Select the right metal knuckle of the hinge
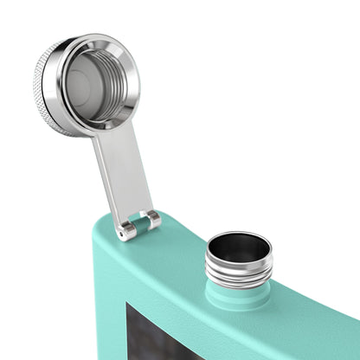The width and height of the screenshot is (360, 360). click(x=152, y=219)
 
